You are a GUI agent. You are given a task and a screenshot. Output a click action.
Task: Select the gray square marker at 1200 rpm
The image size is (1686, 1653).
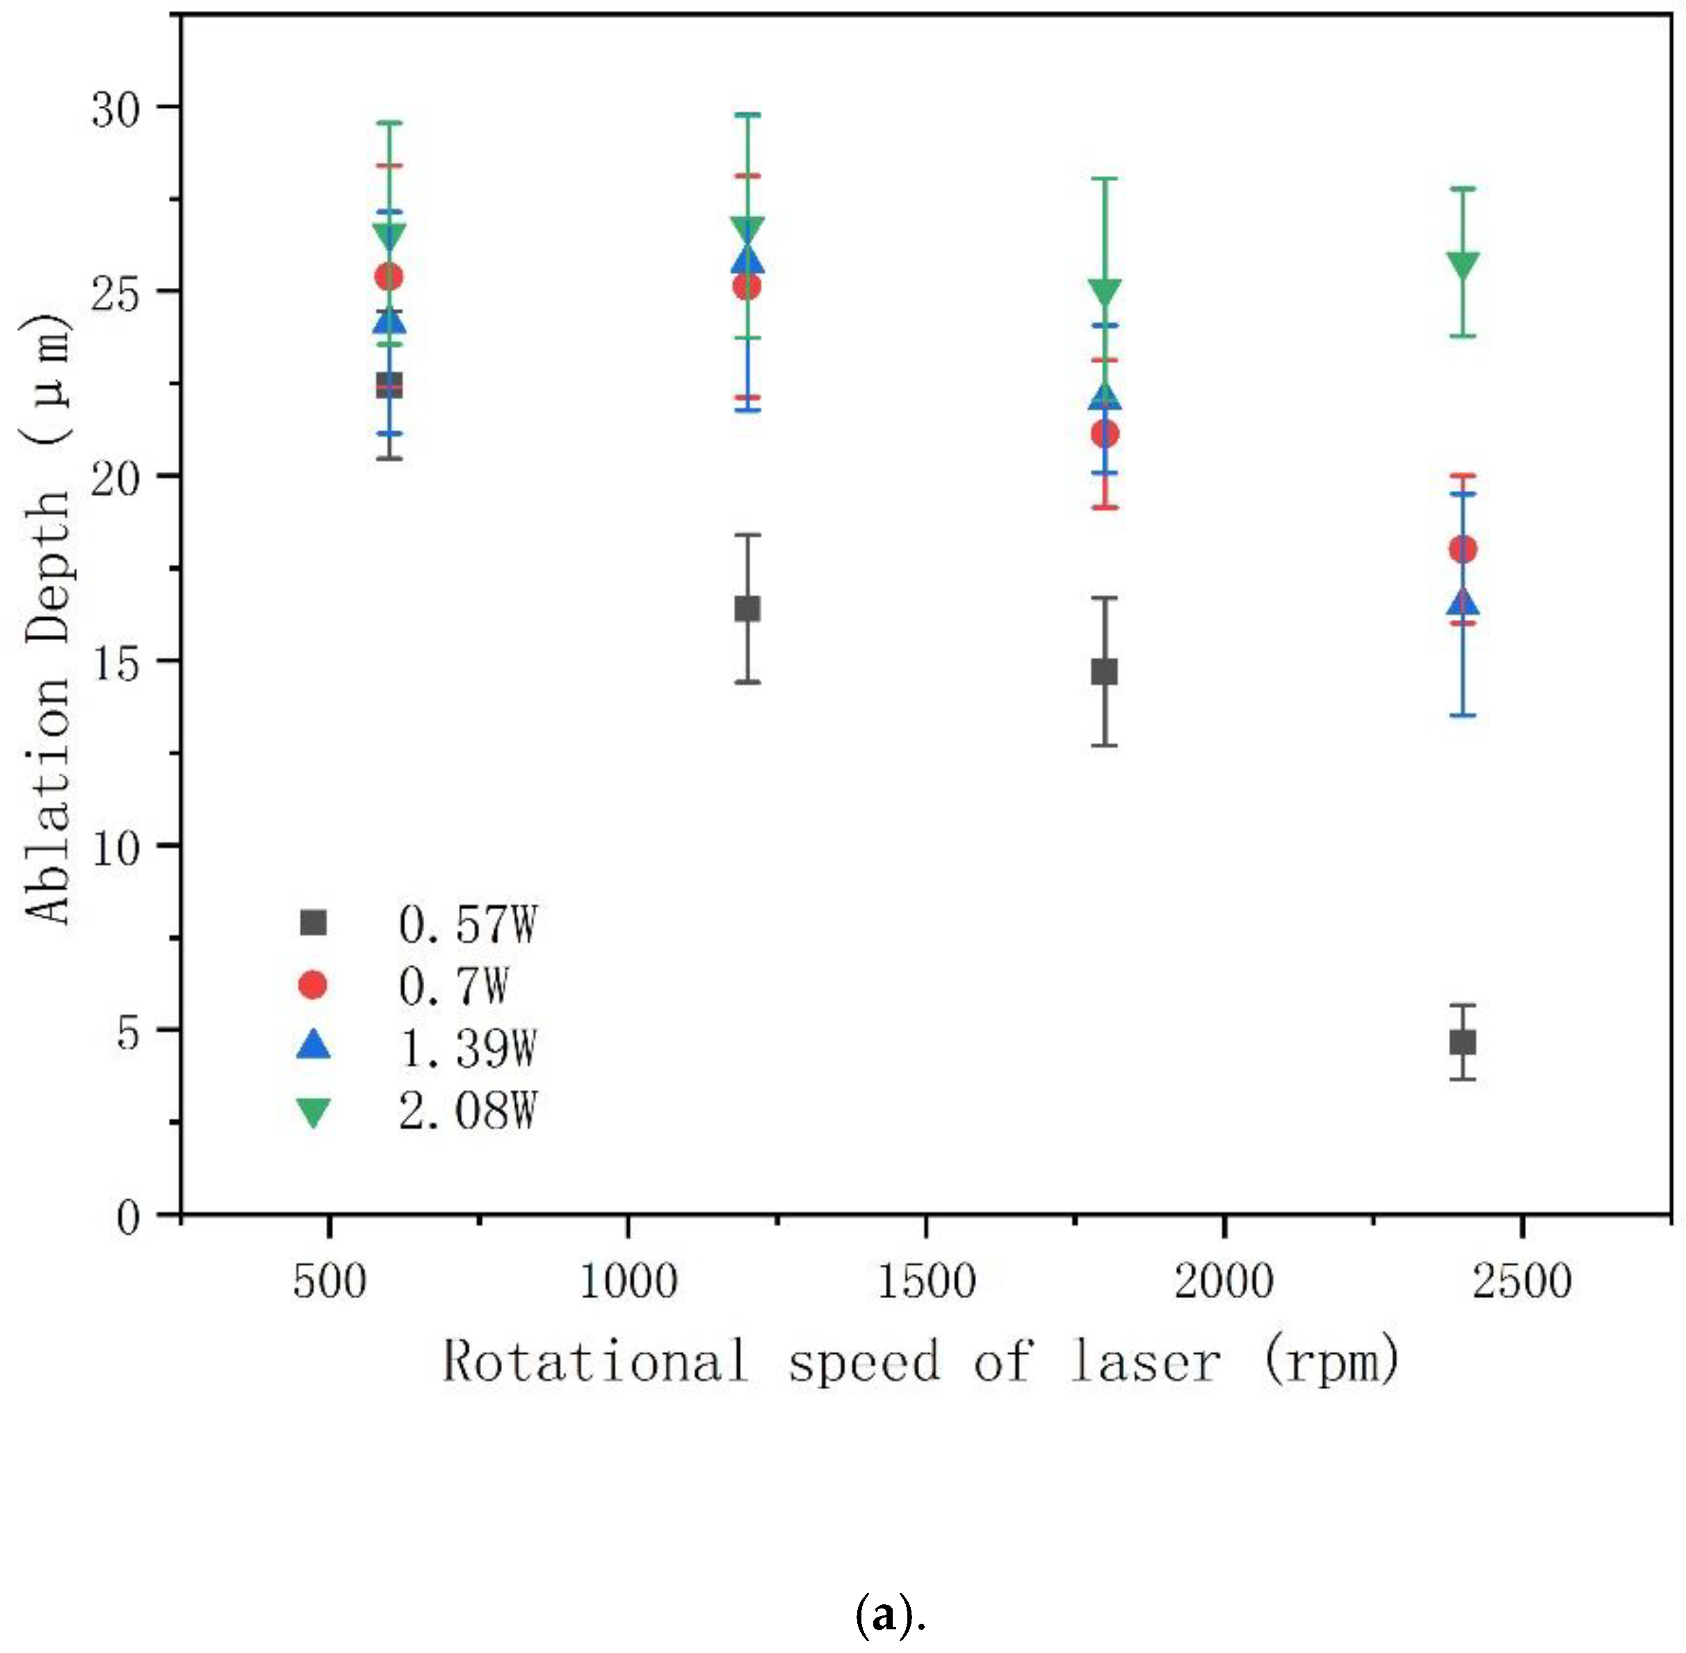(x=747, y=609)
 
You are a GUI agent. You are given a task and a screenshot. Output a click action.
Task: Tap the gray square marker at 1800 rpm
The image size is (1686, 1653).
(x=1104, y=672)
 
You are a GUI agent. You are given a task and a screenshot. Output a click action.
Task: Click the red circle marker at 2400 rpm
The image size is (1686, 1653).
(x=1462, y=549)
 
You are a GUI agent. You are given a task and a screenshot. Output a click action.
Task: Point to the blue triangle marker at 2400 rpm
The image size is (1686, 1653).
(x=1462, y=602)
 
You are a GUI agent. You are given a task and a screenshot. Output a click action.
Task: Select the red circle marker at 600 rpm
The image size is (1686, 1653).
(x=388, y=277)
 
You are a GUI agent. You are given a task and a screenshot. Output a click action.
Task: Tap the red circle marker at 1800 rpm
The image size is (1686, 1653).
(x=1104, y=433)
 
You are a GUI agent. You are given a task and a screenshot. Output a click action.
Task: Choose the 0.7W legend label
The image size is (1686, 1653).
(x=453, y=985)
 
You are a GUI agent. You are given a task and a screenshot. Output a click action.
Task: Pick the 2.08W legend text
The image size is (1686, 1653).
(x=468, y=1110)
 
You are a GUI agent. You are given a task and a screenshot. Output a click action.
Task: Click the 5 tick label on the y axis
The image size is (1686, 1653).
(x=129, y=1032)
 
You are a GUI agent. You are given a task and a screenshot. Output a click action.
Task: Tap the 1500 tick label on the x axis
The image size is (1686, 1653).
(x=926, y=1281)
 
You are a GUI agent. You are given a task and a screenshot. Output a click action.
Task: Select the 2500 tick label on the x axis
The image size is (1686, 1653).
(x=1521, y=1281)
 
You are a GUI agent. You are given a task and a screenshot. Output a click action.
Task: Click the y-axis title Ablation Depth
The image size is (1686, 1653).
(x=48, y=618)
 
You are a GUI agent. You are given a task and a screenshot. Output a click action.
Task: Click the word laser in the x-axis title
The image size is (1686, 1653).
(x=1145, y=1361)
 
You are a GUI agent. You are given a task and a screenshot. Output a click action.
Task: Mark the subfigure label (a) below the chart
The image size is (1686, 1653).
(x=889, y=1617)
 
